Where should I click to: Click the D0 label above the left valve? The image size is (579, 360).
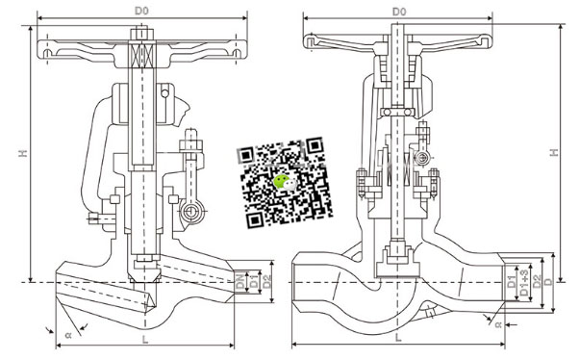point(141,12)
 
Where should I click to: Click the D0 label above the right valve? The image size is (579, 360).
point(399,12)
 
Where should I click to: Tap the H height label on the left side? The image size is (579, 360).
point(23,153)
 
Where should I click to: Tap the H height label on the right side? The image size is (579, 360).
point(554,152)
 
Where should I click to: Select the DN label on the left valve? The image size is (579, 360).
point(240,281)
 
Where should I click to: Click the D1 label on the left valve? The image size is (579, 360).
point(254,281)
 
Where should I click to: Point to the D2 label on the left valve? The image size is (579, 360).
point(267,281)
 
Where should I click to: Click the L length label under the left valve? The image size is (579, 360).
point(145,340)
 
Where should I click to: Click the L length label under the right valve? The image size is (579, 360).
point(398,338)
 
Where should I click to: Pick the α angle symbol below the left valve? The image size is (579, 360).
point(68,335)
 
